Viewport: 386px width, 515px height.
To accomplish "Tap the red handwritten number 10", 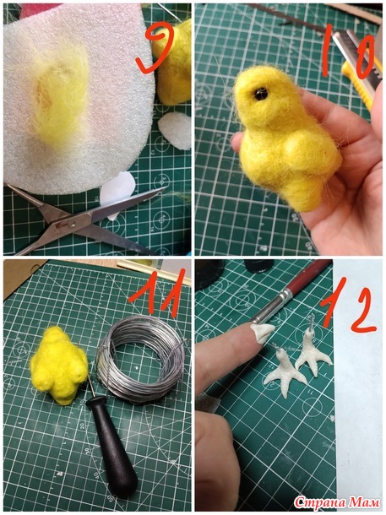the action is (349, 54).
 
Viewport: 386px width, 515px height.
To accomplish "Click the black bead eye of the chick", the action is (261, 95).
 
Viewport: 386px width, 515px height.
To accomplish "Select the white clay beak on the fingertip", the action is (262, 332).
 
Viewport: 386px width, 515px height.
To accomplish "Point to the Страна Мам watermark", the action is (337, 502).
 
